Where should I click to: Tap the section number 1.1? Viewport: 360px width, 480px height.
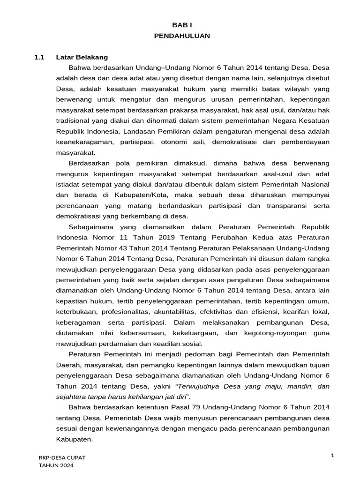click(x=39, y=57)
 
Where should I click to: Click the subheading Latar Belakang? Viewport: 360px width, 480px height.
click(x=82, y=57)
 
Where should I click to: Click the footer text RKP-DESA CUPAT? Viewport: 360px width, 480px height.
click(x=62, y=457)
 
